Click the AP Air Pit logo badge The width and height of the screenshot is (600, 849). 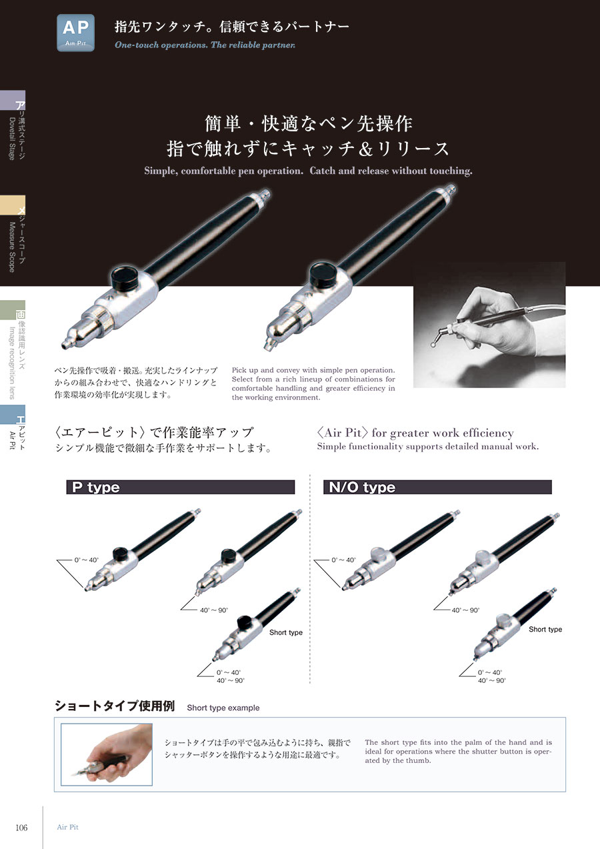tap(76, 33)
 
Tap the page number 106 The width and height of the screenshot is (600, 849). tap(21, 828)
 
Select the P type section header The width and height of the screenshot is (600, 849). tap(180, 487)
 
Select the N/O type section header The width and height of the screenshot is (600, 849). tap(437, 487)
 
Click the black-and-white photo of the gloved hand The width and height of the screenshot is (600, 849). tap(489, 325)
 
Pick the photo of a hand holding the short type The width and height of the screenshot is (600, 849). tap(107, 754)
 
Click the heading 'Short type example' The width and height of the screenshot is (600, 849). tap(223, 708)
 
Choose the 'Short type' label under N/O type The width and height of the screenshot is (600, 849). tap(545, 629)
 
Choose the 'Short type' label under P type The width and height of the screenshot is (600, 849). tap(286, 632)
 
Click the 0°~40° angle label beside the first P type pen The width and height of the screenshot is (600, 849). tap(87, 560)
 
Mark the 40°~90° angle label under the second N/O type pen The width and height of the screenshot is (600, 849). tap(465, 610)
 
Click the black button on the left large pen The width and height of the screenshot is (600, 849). tap(125, 277)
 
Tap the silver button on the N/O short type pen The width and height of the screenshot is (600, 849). tap(504, 620)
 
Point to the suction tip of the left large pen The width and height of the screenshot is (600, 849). tap(65, 344)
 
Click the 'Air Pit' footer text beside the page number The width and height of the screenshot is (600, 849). tap(67, 827)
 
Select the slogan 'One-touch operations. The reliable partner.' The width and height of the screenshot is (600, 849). tap(205, 45)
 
